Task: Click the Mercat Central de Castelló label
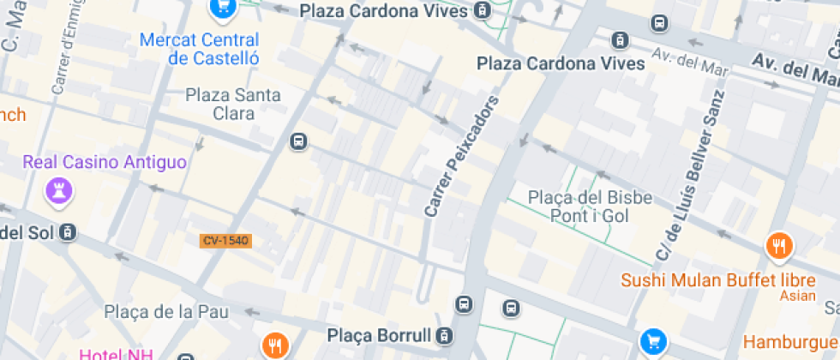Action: [x=201, y=50]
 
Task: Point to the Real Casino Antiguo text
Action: [x=105, y=162]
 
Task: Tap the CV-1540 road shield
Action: [x=226, y=241]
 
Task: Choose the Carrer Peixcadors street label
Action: [x=462, y=157]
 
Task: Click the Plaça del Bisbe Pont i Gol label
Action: [x=590, y=207]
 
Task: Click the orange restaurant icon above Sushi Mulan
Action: [x=779, y=247]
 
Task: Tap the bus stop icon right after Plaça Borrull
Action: [x=444, y=335]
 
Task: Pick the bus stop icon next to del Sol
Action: [x=69, y=232]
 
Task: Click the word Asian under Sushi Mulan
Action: [x=797, y=297]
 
